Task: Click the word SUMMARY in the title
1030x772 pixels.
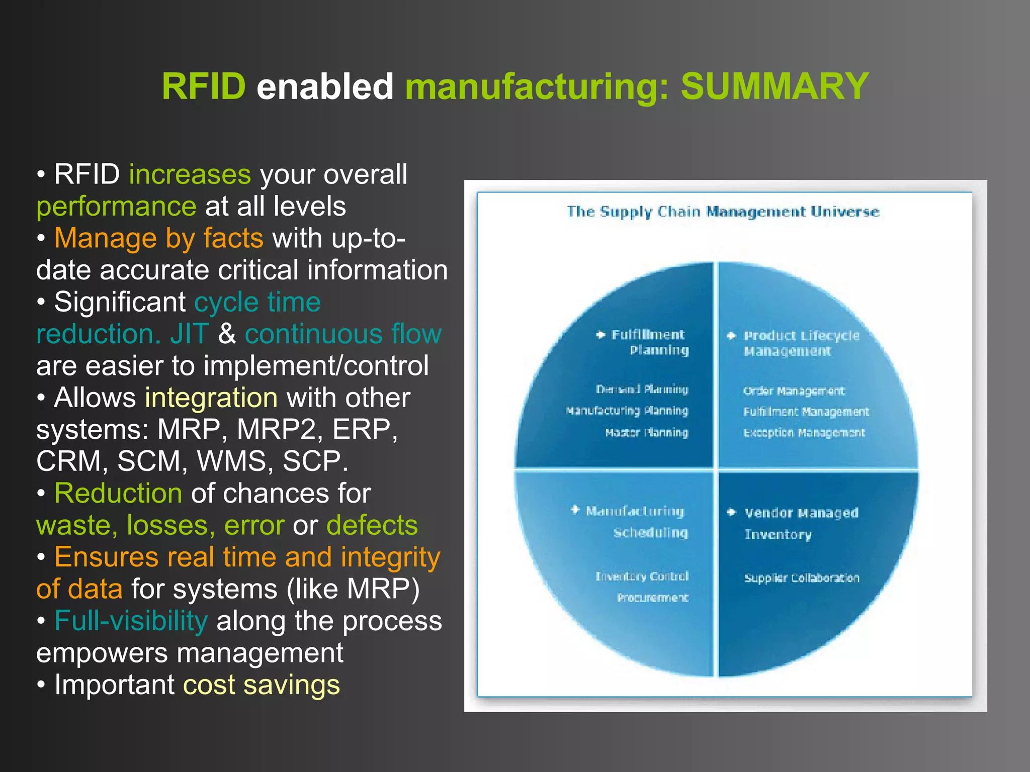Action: (775, 86)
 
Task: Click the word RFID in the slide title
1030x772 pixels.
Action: (203, 86)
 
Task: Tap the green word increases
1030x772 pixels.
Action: (190, 174)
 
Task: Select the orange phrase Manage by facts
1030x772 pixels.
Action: (158, 238)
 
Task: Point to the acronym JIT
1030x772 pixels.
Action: (189, 334)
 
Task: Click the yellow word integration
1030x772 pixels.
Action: (211, 398)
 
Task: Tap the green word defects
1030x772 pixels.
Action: (372, 525)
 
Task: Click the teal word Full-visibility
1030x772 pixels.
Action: (131, 621)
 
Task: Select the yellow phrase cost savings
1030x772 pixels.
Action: (261, 685)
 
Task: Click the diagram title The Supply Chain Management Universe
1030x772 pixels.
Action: (723, 212)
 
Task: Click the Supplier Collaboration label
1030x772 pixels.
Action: (801, 578)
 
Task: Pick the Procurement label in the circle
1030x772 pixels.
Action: (652, 598)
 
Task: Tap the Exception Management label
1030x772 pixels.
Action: (804, 433)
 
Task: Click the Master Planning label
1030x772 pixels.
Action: (646, 433)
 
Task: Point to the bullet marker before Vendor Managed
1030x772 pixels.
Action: (732, 512)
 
